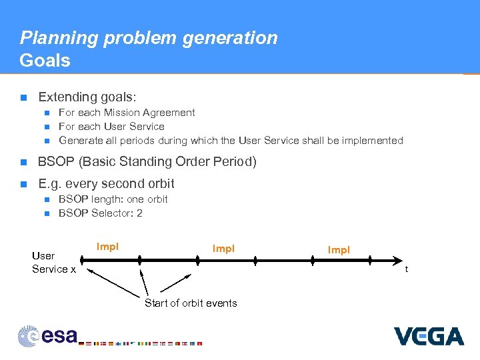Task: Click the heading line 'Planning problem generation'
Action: click(x=149, y=38)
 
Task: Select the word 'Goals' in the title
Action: click(x=45, y=61)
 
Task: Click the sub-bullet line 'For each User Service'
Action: click(x=111, y=127)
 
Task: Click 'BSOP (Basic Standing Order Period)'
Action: click(x=147, y=161)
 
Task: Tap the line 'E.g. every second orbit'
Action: click(x=107, y=183)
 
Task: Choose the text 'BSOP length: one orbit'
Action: click(x=113, y=199)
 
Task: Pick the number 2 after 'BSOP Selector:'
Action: click(x=139, y=213)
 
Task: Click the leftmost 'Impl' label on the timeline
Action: click(x=107, y=247)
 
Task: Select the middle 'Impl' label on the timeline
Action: click(x=223, y=249)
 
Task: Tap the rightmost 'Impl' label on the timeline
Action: click(x=339, y=250)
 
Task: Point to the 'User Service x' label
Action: click(x=53, y=262)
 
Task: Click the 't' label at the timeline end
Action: click(x=407, y=269)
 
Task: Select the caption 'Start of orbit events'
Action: click(x=191, y=303)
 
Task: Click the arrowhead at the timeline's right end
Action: click(x=398, y=260)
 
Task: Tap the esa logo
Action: click(x=48, y=335)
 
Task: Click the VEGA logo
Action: click(x=428, y=336)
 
